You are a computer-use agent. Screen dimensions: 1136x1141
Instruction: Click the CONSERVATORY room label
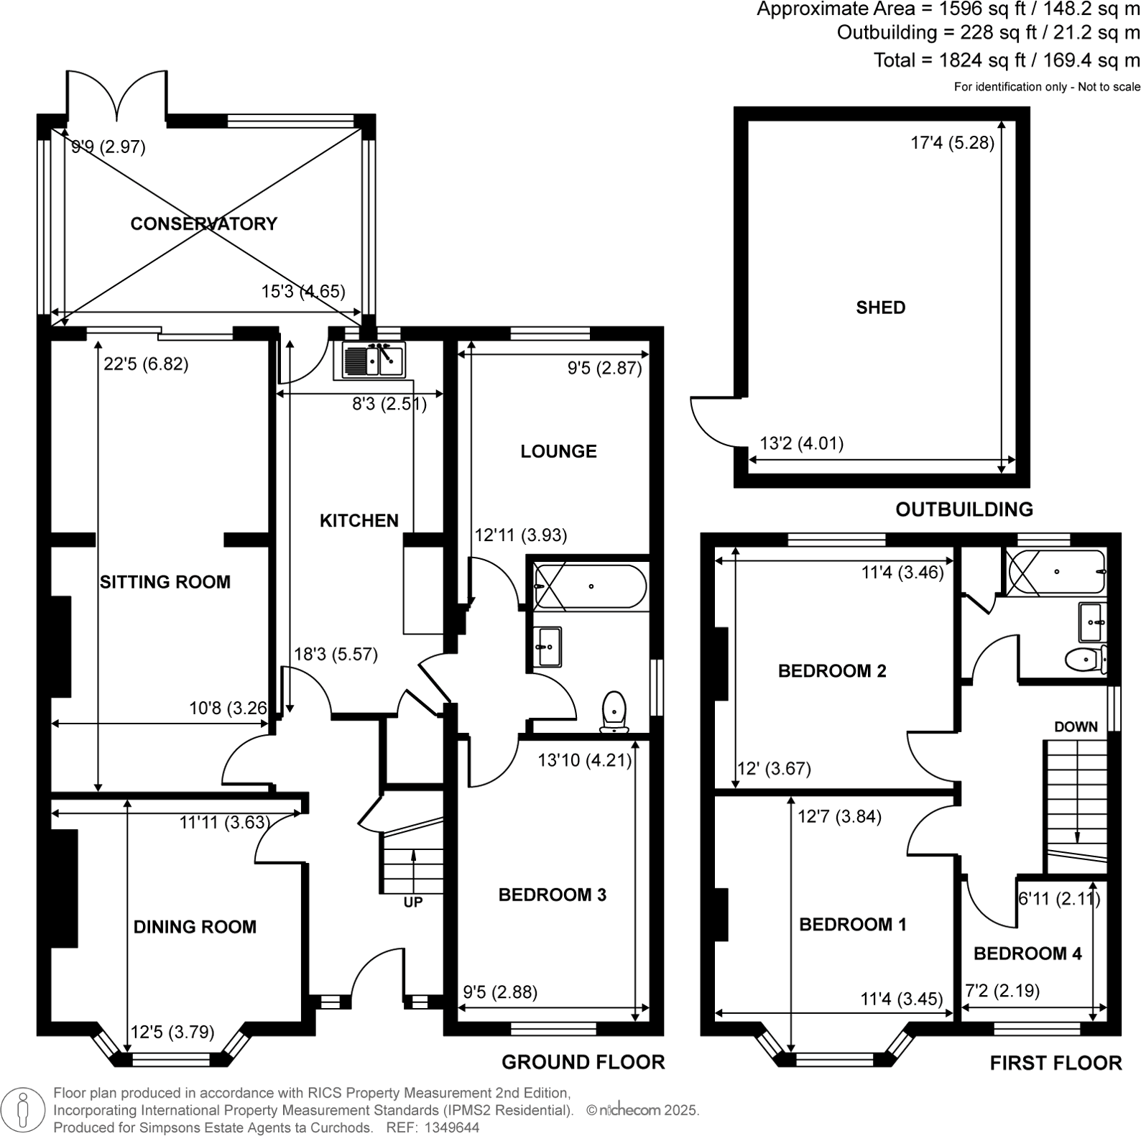(x=203, y=223)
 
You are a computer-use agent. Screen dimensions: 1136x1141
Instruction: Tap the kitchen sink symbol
(x=369, y=359)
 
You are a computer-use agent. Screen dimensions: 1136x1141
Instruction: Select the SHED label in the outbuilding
(x=880, y=308)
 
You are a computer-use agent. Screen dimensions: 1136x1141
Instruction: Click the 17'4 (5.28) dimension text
(x=952, y=143)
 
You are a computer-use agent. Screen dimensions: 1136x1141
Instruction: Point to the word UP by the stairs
(x=412, y=902)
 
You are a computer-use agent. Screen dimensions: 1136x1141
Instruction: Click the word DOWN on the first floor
(x=1076, y=726)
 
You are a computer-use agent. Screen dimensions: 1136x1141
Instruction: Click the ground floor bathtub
(x=591, y=587)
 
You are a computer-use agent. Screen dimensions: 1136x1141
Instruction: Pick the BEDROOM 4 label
(x=1027, y=953)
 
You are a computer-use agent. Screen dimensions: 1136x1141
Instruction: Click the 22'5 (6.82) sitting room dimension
(x=146, y=364)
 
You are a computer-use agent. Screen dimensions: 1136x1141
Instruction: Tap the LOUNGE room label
(x=558, y=451)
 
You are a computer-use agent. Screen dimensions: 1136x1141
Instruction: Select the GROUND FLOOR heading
(x=583, y=1061)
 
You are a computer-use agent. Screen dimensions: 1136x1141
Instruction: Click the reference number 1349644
(x=453, y=1127)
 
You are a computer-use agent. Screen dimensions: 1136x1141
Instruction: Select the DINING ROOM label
(x=195, y=927)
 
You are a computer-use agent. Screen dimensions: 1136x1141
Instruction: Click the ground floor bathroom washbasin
(x=548, y=647)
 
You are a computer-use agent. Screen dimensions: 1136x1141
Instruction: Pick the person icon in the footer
(x=24, y=1109)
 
